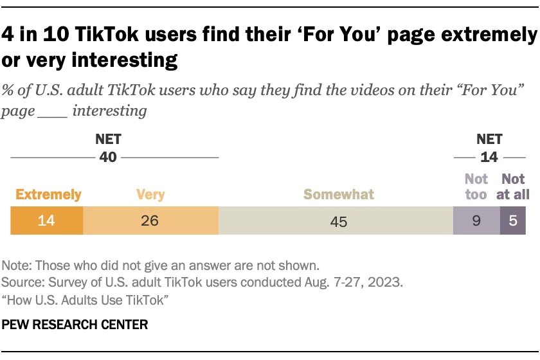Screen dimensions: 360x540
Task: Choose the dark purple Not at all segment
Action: coord(513,221)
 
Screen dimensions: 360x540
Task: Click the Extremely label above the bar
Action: coord(49,194)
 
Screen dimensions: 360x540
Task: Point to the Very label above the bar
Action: coord(150,194)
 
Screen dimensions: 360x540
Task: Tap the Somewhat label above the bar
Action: coord(339,194)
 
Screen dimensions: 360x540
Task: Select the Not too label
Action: coord(476,186)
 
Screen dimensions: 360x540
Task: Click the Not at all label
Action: coord(513,186)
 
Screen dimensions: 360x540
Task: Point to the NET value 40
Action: coord(108,157)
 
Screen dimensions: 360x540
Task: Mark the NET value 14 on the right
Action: coord(490,157)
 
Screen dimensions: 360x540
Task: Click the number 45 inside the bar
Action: coord(339,222)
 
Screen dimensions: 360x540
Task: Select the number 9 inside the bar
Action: coord(476,221)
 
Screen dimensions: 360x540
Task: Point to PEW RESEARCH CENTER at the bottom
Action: coord(75,325)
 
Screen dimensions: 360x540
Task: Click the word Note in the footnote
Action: coord(15,265)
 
